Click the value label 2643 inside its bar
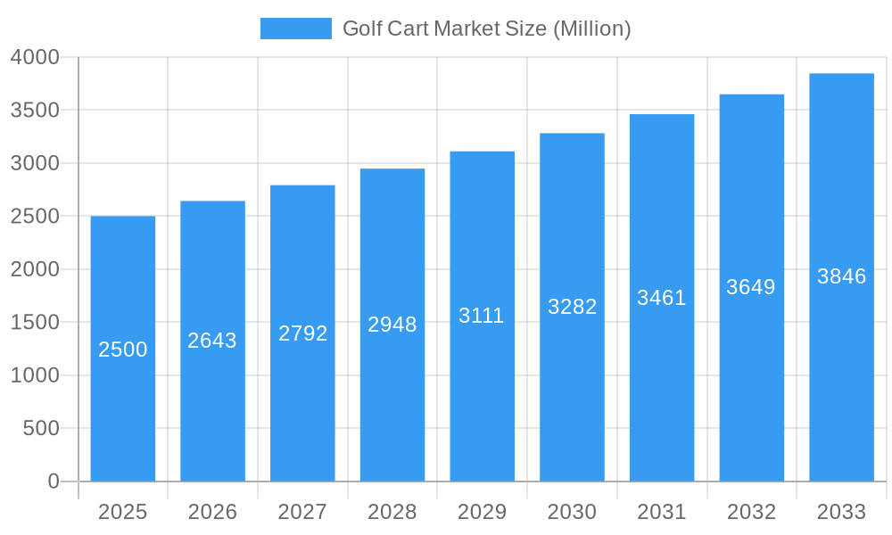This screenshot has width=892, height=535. [x=212, y=341]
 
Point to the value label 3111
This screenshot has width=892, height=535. [x=482, y=316]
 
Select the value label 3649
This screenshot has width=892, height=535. [x=751, y=287]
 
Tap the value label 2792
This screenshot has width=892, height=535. [x=303, y=333]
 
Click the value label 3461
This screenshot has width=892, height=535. [x=661, y=298]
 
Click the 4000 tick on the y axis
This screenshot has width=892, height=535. [x=35, y=57]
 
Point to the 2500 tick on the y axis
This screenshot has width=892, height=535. [x=35, y=216]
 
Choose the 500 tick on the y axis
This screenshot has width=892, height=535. [x=41, y=428]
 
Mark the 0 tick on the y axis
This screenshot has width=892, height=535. [x=53, y=481]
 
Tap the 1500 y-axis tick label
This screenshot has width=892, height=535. [x=35, y=322]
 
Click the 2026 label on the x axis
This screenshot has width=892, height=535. [x=212, y=512]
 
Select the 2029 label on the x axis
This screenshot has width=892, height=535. [x=482, y=512]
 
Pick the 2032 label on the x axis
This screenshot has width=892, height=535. [x=751, y=512]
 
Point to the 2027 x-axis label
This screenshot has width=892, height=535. [x=302, y=512]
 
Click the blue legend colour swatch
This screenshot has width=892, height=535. [x=295, y=29]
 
